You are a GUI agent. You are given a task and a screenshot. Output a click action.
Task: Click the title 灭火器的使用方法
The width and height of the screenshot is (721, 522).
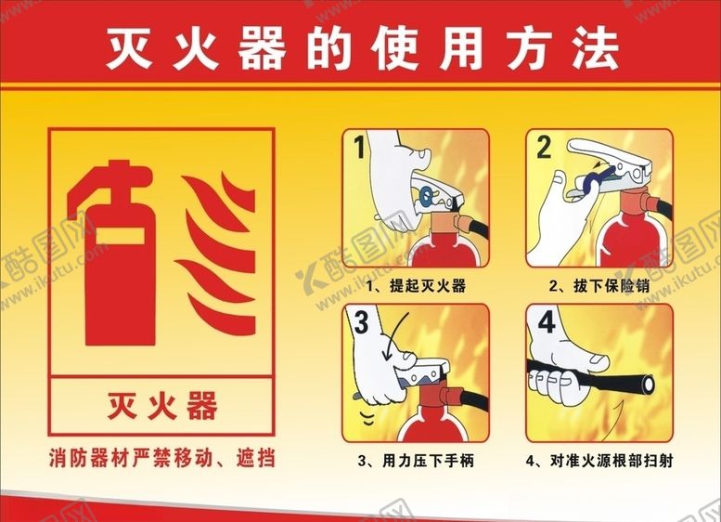(x=362, y=49)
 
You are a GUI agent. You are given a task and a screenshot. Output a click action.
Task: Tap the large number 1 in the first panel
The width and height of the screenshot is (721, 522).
(x=360, y=147)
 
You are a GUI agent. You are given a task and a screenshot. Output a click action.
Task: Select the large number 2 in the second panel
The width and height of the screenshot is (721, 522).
(x=544, y=147)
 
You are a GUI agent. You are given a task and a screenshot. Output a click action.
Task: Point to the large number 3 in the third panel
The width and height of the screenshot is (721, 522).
(x=361, y=321)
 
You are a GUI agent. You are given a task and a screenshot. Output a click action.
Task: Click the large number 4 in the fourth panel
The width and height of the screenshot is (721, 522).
(x=547, y=321)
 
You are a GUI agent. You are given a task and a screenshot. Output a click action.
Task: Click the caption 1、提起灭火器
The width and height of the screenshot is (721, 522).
(x=416, y=286)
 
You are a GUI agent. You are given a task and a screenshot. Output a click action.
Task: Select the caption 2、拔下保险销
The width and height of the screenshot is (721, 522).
(x=599, y=286)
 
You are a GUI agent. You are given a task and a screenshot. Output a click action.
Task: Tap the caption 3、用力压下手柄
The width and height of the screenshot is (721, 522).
(x=416, y=461)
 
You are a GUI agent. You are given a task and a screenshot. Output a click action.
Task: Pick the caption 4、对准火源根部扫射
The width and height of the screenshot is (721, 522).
(x=599, y=461)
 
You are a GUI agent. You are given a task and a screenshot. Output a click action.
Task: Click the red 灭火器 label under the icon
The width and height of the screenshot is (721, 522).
(x=161, y=406)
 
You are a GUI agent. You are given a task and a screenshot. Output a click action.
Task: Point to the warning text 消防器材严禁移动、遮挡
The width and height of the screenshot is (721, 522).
(x=161, y=459)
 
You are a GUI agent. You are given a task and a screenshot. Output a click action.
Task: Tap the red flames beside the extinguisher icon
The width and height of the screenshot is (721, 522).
(x=215, y=254)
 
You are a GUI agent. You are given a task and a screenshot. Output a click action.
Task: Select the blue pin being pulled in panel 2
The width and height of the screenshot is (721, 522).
(x=598, y=178)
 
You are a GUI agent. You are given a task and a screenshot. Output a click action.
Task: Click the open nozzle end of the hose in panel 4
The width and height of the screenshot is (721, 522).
(x=649, y=384)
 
